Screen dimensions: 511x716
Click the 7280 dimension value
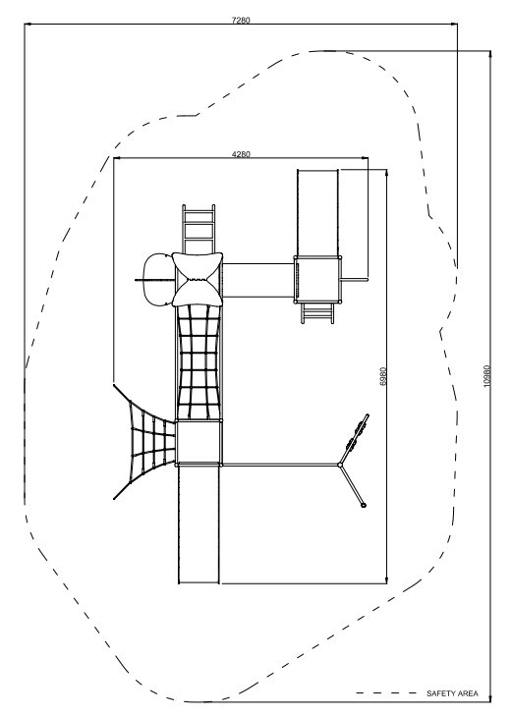click(x=241, y=20)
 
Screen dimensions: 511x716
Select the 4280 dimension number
click(x=241, y=154)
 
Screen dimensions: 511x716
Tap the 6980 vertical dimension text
click(x=383, y=376)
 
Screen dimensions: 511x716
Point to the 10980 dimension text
click(x=487, y=376)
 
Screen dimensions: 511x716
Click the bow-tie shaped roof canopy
click(x=198, y=279)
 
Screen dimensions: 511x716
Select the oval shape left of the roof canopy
click(x=157, y=279)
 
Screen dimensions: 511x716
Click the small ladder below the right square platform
click(x=316, y=313)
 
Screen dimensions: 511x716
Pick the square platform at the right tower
click(x=317, y=280)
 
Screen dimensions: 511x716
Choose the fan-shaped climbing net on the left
click(x=145, y=442)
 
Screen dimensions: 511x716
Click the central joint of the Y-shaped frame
click(x=340, y=465)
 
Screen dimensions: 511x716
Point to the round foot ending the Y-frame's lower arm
click(x=364, y=506)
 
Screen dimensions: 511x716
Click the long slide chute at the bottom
click(x=199, y=523)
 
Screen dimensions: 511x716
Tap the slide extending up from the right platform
click(x=317, y=213)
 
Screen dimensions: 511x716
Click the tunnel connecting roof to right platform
click(x=258, y=280)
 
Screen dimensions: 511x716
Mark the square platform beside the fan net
click(x=199, y=443)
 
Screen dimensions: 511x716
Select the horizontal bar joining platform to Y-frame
click(x=281, y=465)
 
